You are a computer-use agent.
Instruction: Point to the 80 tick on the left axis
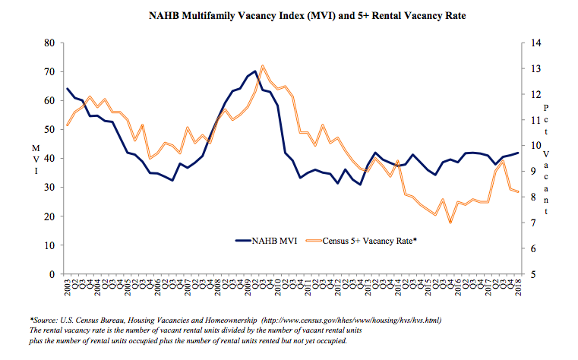(x=49, y=43)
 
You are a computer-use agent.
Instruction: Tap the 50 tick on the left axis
(x=49, y=130)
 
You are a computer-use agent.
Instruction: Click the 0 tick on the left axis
(x=52, y=274)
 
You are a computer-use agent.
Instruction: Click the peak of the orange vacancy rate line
(x=263, y=65)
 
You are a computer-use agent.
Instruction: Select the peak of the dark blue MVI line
(x=255, y=71)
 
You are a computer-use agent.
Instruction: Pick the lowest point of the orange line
(x=450, y=223)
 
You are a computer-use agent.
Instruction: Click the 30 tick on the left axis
(x=49, y=188)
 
